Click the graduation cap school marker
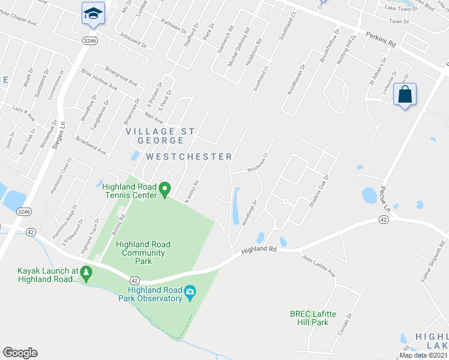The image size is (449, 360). pos(94,14)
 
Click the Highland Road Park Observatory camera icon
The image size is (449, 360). pos(190,293)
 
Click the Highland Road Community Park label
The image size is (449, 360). pos(143,253)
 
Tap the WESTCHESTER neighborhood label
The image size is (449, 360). pos(189,157)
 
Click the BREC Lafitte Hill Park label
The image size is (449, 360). pos(309,317)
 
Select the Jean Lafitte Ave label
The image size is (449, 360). pos(318,266)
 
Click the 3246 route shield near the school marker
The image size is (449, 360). pos(90,40)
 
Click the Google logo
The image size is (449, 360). pos(20,353)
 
